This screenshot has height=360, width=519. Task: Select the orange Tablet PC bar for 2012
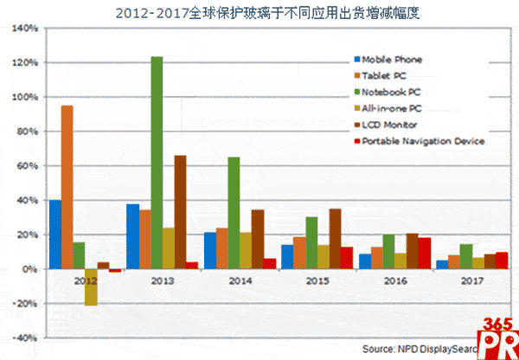pos(67,187)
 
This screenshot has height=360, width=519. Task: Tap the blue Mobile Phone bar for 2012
pos(55,235)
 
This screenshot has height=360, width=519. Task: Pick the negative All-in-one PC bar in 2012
pos(91,286)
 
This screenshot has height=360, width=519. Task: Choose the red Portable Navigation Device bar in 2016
pos(425,254)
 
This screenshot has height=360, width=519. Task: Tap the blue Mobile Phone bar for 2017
pos(442,264)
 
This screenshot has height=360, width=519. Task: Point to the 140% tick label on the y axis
pos(23,29)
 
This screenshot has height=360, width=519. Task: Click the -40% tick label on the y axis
pos(23,337)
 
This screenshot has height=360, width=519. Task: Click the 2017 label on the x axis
pos(471,281)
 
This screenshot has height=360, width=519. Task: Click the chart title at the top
pos(260,12)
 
